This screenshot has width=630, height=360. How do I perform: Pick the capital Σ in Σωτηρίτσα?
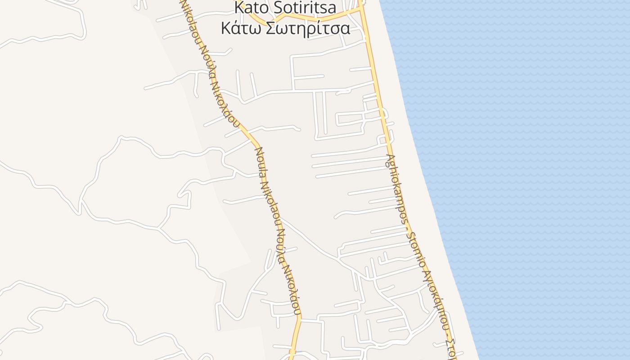270,28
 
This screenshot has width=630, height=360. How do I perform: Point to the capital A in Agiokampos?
388,158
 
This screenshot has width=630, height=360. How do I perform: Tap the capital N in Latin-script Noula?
258,151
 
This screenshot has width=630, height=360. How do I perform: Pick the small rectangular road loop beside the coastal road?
350,118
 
